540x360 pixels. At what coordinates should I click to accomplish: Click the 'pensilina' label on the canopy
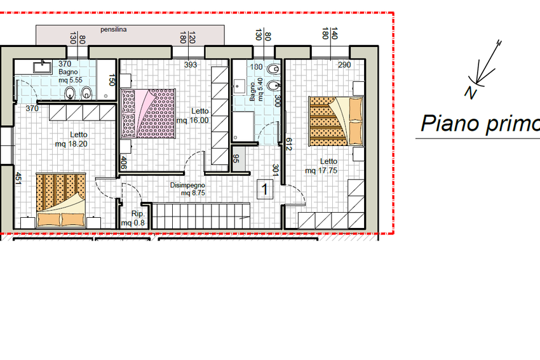click(x=113, y=30)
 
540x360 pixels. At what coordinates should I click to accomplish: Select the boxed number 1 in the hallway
click(x=265, y=189)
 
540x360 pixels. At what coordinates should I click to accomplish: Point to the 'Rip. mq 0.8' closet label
click(x=133, y=218)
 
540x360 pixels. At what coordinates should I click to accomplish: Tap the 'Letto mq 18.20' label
click(x=71, y=140)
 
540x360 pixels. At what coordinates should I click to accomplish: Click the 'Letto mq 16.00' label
click(x=192, y=116)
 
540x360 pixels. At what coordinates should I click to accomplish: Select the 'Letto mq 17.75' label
click(x=321, y=166)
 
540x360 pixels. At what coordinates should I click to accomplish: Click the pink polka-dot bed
click(x=149, y=113)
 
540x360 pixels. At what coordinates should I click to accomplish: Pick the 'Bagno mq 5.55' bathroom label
click(x=71, y=76)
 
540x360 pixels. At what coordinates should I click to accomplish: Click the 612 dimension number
click(x=289, y=144)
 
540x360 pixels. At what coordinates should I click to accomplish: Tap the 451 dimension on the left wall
click(x=18, y=178)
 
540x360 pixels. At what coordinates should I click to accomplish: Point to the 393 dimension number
click(x=191, y=65)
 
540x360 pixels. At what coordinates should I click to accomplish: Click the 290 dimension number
click(x=344, y=65)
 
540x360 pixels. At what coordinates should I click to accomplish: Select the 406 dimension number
click(x=124, y=163)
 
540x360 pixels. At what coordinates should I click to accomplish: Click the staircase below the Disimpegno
click(x=201, y=216)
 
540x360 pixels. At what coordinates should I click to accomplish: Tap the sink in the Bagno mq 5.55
click(x=43, y=67)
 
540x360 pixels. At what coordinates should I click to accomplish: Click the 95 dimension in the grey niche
click(x=236, y=158)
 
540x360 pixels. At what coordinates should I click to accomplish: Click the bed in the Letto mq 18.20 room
click(x=61, y=200)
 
